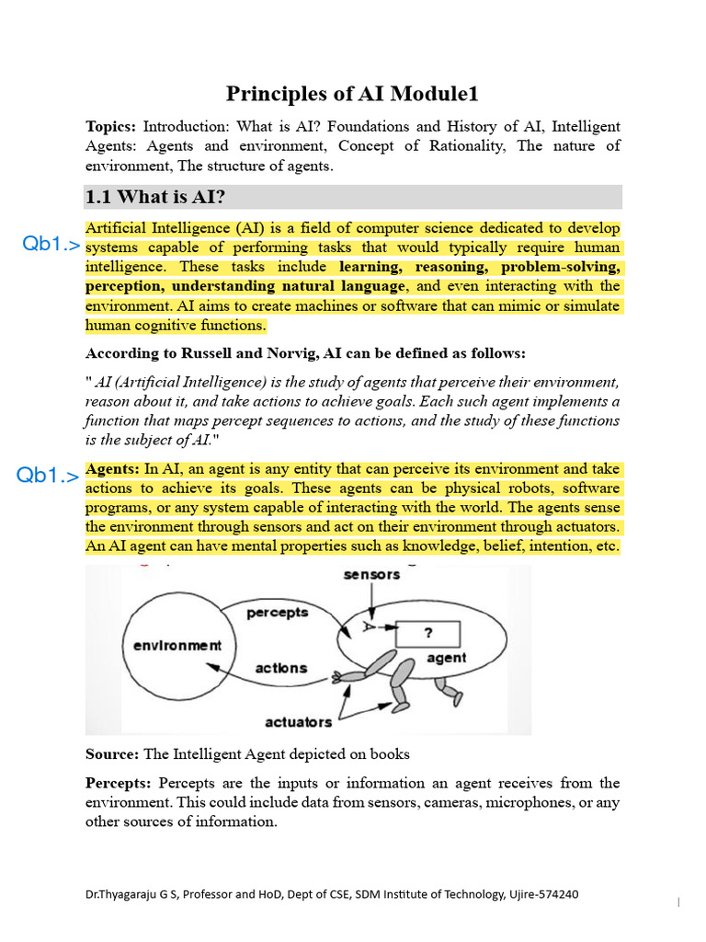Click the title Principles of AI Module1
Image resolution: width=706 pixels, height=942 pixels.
pos(352,94)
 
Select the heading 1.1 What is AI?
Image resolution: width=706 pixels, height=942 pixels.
pos(155,197)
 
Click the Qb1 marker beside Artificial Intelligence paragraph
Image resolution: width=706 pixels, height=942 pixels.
pos(51,245)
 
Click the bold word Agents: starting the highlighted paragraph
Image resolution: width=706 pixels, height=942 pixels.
pos(112,469)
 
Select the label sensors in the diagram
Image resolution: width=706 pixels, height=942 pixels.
pos(371,575)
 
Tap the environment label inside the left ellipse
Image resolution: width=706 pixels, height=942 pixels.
pos(177,645)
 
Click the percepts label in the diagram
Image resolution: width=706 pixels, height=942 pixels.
pos(278,612)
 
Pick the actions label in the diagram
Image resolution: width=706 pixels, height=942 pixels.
pos(280,668)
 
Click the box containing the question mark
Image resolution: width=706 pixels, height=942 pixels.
pos(427,634)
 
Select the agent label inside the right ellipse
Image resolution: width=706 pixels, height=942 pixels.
pos(447,658)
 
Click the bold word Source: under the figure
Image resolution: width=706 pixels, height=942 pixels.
pos(112,754)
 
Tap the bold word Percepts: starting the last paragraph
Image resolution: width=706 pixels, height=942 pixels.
pos(118,783)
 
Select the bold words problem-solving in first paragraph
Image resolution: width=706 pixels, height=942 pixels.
pos(561,267)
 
